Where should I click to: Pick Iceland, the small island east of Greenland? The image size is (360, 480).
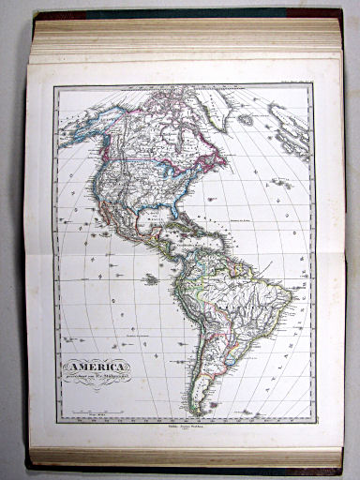247,120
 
